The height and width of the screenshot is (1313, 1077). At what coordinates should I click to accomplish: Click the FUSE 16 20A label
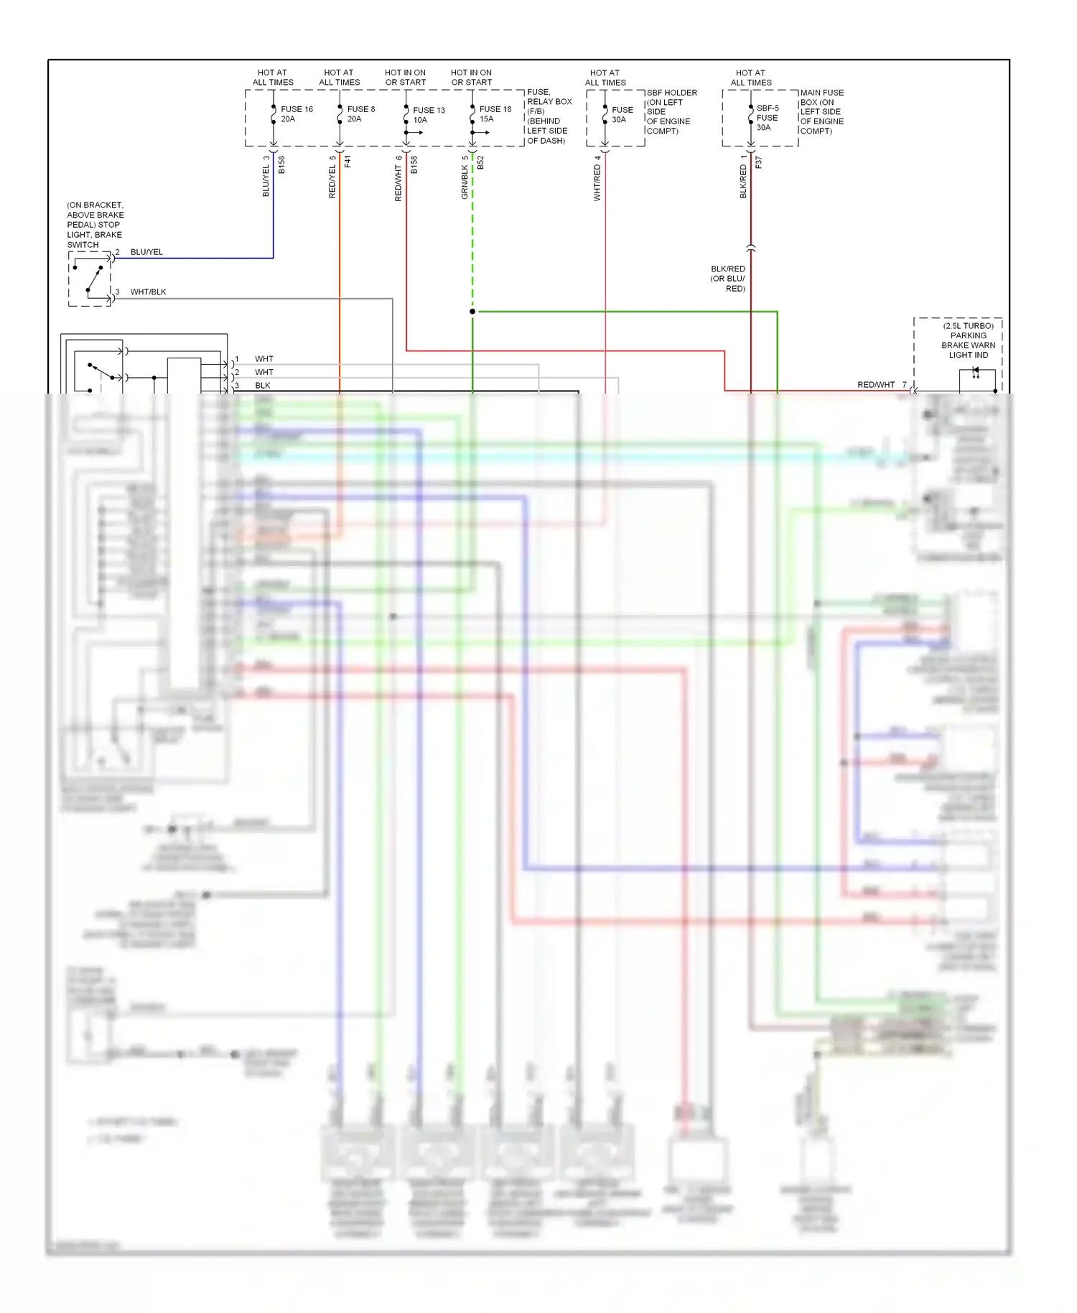(297, 114)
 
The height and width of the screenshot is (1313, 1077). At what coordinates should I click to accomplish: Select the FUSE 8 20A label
(360, 114)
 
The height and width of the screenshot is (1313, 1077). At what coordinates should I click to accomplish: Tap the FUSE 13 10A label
(429, 115)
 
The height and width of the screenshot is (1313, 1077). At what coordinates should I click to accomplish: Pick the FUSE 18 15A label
(495, 114)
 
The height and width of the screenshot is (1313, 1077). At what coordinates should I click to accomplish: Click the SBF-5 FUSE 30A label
(767, 118)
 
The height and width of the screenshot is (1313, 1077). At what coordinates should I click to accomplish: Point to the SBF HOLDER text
(671, 93)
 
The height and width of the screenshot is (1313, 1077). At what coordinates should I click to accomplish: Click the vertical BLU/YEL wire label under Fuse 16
(266, 177)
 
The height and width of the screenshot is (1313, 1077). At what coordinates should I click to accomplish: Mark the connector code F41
(348, 162)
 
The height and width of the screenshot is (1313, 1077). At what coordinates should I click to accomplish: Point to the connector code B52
(480, 163)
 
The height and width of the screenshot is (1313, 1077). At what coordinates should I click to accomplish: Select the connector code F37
(758, 162)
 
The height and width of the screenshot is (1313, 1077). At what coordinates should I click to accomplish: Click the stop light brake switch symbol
(90, 279)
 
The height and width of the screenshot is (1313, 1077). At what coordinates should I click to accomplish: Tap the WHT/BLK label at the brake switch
(148, 292)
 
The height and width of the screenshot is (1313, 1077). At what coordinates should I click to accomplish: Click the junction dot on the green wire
(472, 312)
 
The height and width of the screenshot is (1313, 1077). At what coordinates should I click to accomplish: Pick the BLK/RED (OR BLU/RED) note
(727, 279)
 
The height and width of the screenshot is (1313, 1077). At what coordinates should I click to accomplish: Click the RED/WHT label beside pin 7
(875, 385)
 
